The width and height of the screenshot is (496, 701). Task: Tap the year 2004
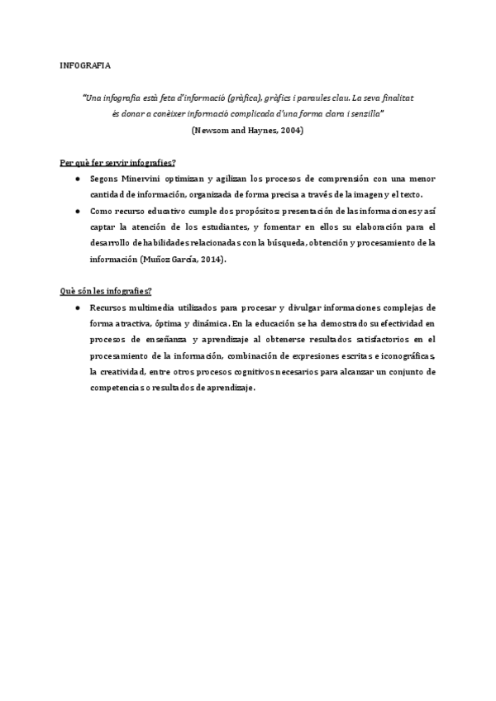(290, 131)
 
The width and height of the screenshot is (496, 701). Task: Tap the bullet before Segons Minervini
(77, 178)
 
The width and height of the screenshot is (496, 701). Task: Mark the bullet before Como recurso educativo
(77, 211)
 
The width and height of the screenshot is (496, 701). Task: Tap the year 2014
(209, 259)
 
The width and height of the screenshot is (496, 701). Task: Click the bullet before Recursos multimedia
(77, 308)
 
